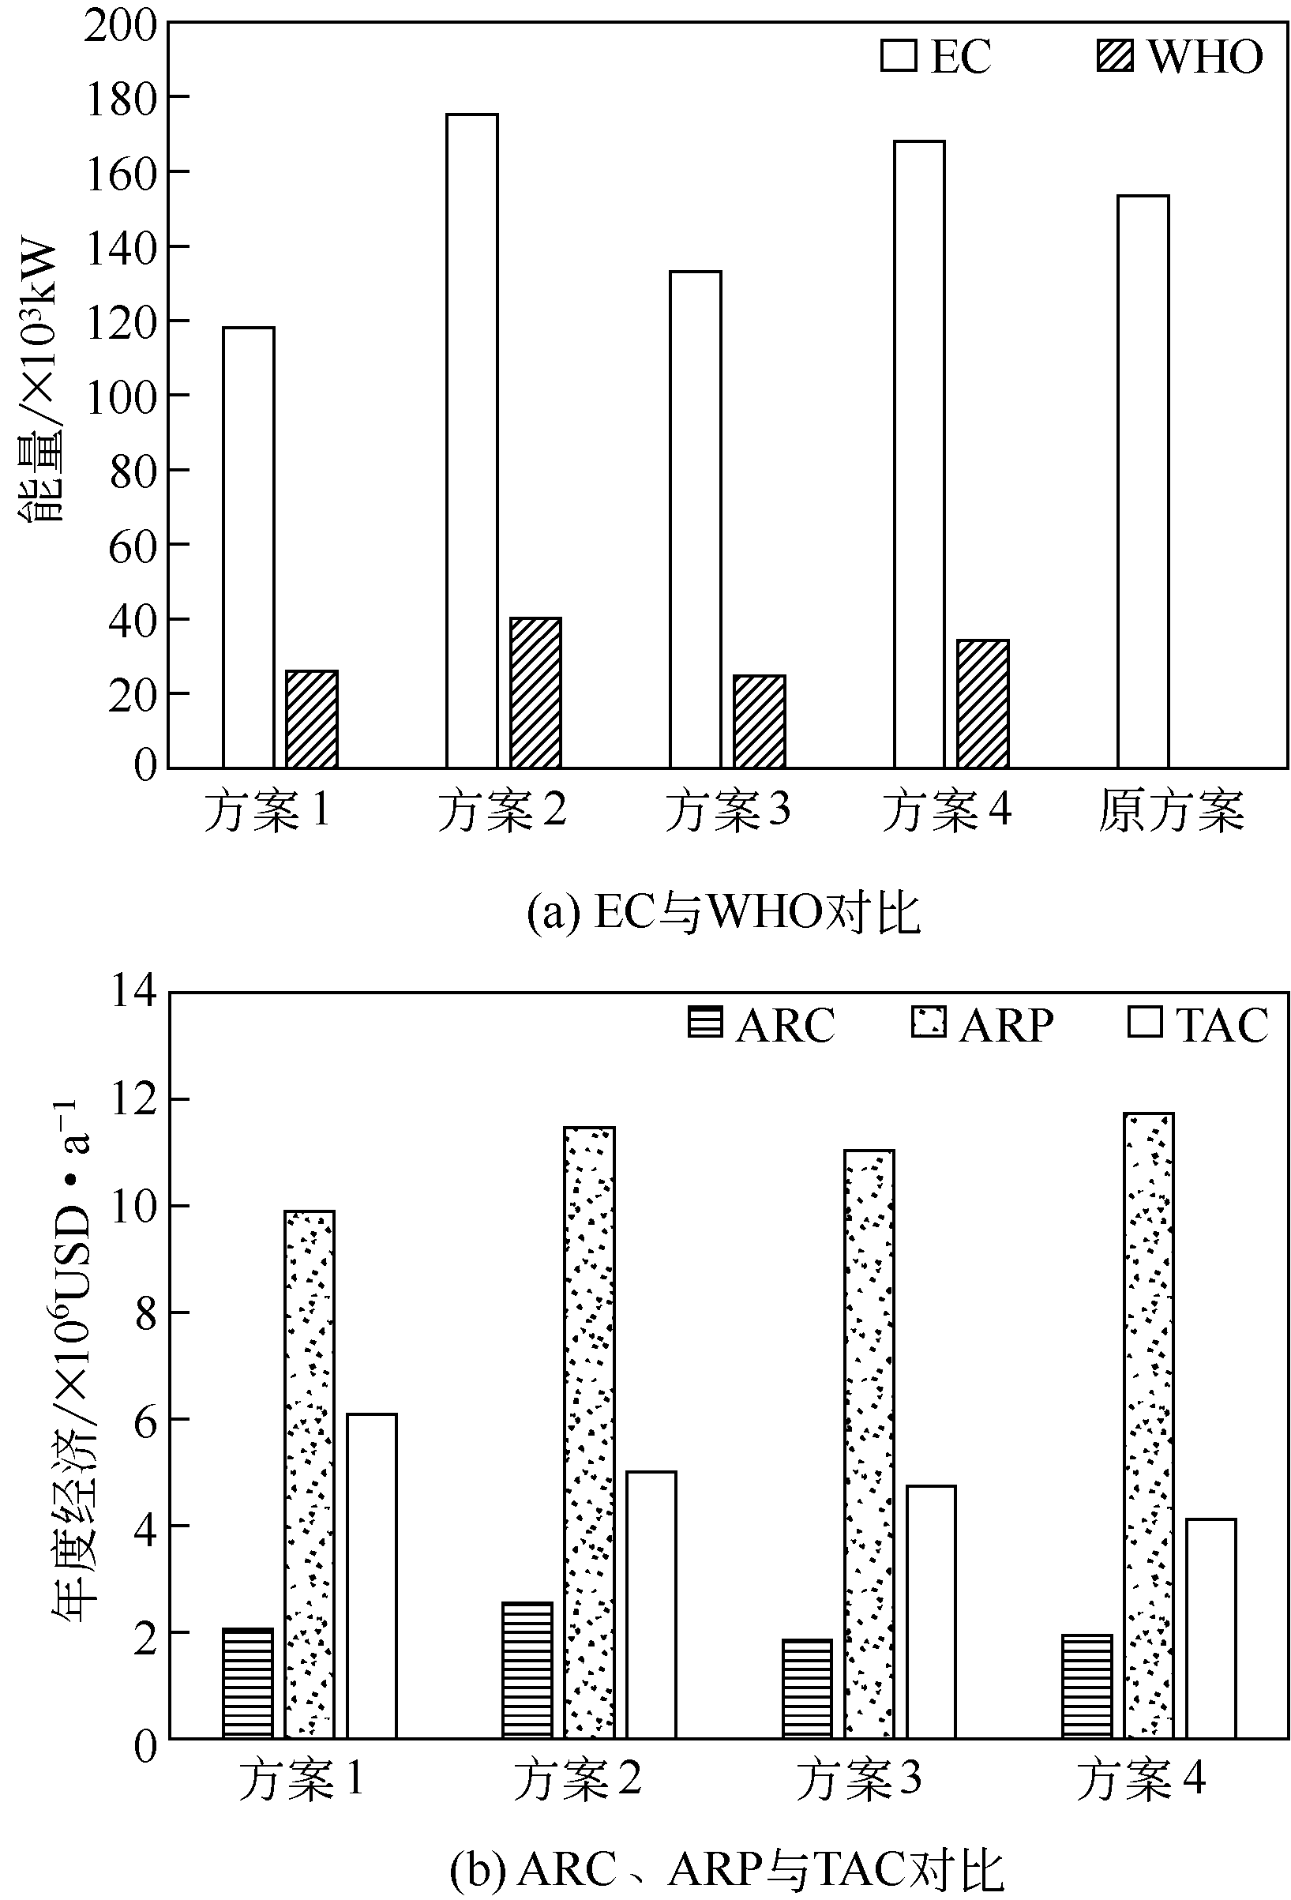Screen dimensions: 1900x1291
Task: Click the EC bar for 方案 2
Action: click(x=471, y=441)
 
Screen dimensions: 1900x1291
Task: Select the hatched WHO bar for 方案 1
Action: click(x=312, y=719)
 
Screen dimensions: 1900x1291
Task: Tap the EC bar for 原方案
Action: click(x=1143, y=483)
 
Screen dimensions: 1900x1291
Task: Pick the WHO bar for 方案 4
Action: click(x=983, y=704)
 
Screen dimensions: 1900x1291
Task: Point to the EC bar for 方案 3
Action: click(x=695, y=520)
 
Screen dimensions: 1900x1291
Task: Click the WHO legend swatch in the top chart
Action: click(x=1114, y=55)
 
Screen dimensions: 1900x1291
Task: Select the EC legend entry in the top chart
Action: click(x=936, y=55)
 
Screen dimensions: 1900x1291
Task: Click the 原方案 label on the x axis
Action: click(x=1170, y=811)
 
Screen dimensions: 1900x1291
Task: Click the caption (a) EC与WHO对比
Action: click(x=723, y=912)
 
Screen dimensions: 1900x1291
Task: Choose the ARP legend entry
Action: click(x=982, y=1024)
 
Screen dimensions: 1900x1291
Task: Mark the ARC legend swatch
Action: click(x=705, y=1023)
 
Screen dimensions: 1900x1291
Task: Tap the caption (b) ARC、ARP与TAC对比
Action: click(x=726, y=1870)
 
